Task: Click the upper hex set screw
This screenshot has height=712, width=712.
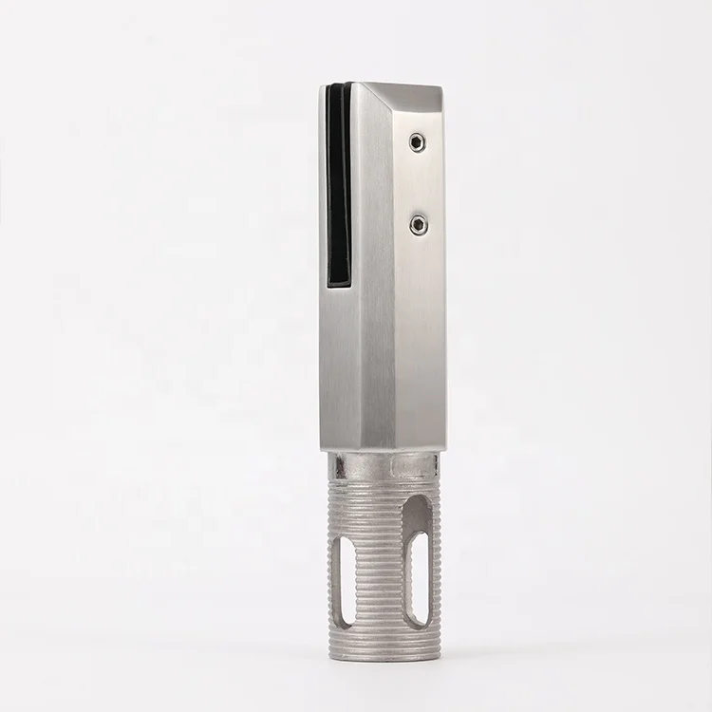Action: [416, 142]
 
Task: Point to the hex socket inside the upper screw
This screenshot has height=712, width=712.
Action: [416, 142]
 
